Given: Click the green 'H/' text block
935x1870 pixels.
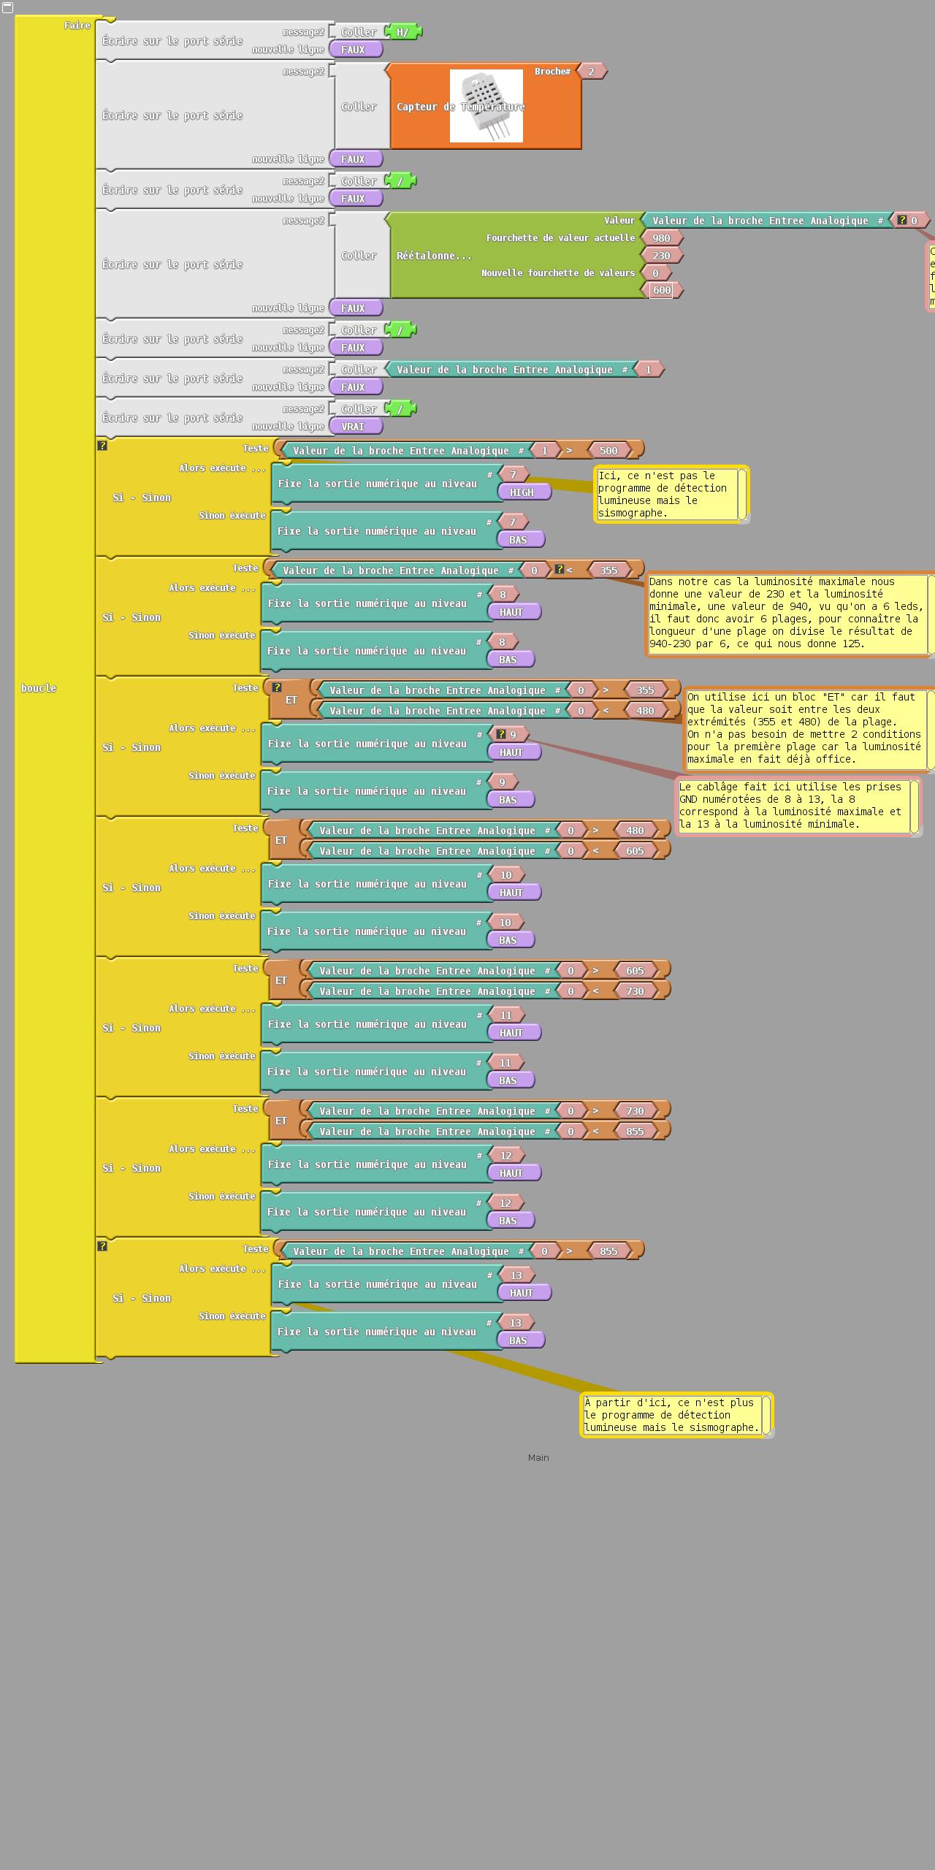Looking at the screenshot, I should pyautogui.click(x=402, y=32).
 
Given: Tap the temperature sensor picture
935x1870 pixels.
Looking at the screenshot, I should pyautogui.click(x=486, y=106).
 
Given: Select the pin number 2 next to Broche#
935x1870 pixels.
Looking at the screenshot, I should pyautogui.click(x=591, y=72).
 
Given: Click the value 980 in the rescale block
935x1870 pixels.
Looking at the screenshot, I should pyautogui.click(x=661, y=238).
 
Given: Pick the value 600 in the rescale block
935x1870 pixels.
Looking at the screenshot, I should pyautogui.click(x=661, y=291).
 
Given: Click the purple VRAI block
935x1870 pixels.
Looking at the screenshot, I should pyautogui.click(x=353, y=427).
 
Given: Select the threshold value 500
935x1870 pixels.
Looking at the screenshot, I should pyautogui.click(x=608, y=451).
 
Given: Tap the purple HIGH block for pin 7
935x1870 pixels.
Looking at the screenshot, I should pyautogui.click(x=522, y=492).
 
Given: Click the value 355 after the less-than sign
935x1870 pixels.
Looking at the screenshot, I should pyautogui.click(x=608, y=570).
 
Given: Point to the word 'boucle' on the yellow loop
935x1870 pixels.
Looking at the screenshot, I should pyautogui.click(x=39, y=688).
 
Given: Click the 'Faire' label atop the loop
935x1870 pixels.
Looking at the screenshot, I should pyautogui.click(x=77, y=26).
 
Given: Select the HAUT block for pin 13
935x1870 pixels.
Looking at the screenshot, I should pyautogui.click(x=522, y=1293).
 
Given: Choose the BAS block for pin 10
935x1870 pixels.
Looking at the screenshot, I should pyautogui.click(x=508, y=940).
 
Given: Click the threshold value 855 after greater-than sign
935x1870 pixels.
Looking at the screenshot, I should pyautogui.click(x=608, y=1251).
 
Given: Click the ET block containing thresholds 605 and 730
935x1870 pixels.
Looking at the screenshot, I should pyautogui.click(x=281, y=980).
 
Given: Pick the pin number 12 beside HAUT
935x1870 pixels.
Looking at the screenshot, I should pyautogui.click(x=505, y=1156).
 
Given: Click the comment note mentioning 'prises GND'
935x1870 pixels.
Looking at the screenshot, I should pyautogui.click(x=793, y=806).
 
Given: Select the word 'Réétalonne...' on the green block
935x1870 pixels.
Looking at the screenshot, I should pyautogui.click(x=434, y=256).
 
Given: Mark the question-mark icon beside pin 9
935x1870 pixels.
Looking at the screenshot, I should pyautogui.click(x=500, y=735).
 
